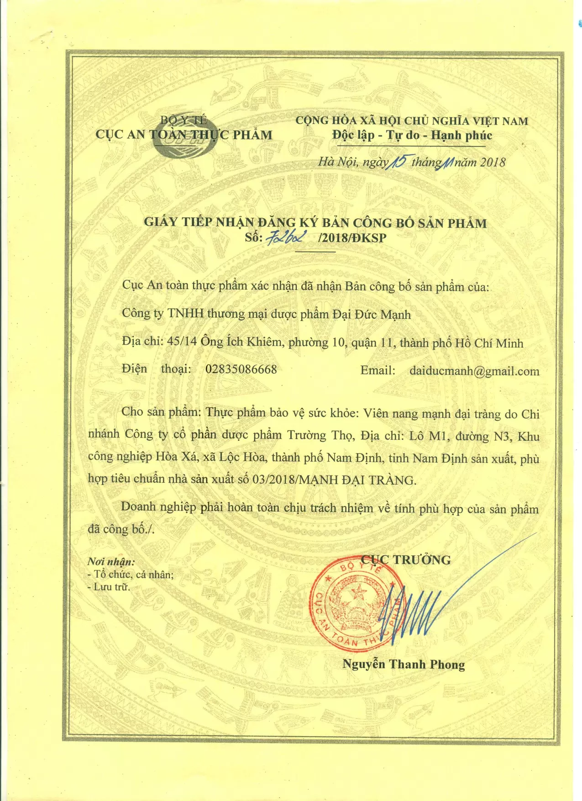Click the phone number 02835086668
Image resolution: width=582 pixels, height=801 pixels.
241,369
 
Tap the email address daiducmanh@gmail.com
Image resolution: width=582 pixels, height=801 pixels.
474,371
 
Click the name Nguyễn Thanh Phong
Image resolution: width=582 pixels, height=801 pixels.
404,664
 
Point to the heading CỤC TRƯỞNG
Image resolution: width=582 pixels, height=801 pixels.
406,560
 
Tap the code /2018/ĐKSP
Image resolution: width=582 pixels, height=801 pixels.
352,238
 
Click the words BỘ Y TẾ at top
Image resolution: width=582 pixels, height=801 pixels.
184,120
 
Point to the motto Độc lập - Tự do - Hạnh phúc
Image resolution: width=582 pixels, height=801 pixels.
412,135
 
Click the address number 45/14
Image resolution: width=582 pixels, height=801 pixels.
182,341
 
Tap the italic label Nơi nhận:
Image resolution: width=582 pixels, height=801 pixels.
111,562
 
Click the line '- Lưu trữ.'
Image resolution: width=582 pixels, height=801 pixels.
109,587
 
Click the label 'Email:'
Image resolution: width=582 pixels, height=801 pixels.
378,370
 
